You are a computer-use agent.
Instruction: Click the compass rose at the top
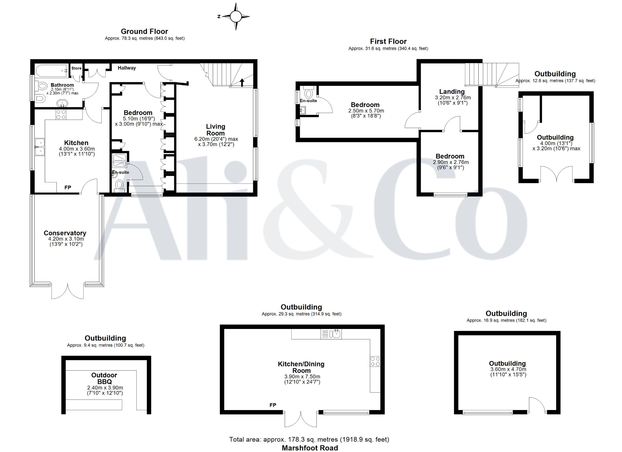pyautogui.click(x=236, y=16)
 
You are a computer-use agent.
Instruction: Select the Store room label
pyautogui.click(x=76, y=68)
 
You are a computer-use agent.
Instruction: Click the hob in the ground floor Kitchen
pyautogui.click(x=61, y=114)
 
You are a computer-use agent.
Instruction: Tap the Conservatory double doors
pyautogui.click(x=68, y=291)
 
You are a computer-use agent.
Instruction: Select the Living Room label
pyautogui.click(x=216, y=130)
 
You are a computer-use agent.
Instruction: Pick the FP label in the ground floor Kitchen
pyautogui.click(x=68, y=188)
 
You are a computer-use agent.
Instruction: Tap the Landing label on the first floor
pyautogui.click(x=452, y=91)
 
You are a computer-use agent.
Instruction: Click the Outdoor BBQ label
pyautogui.click(x=104, y=378)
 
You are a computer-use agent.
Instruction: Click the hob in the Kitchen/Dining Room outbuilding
pyautogui.click(x=375, y=361)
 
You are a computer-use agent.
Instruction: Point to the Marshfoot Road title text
pyautogui.click(x=310, y=448)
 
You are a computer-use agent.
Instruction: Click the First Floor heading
pyautogui.click(x=388, y=41)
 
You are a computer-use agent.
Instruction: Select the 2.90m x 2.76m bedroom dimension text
pyautogui.click(x=451, y=162)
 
